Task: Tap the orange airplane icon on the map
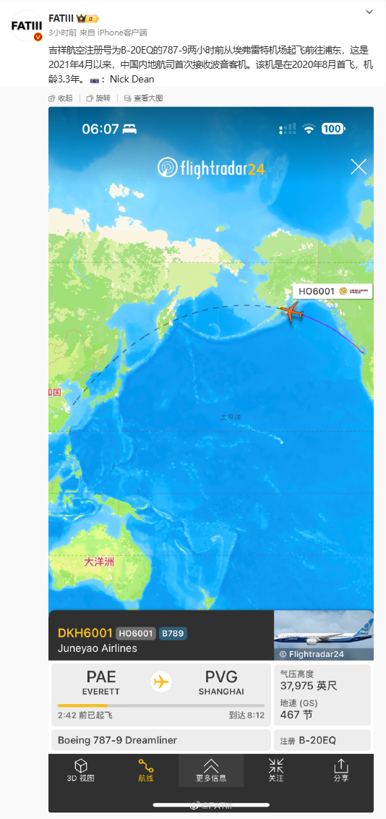[x=291, y=313]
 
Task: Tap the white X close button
[x=359, y=167]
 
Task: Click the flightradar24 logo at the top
[x=211, y=169]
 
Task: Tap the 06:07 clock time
[x=100, y=129]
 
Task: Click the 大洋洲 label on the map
[x=99, y=561]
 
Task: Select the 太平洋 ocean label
[x=231, y=417]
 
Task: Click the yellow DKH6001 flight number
[x=85, y=633]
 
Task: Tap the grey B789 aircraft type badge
[x=173, y=633]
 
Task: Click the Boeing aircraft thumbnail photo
[x=324, y=635]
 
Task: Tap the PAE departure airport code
[x=101, y=677]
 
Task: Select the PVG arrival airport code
[x=221, y=677]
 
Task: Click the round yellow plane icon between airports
[x=161, y=682]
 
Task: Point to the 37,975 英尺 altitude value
[x=309, y=686]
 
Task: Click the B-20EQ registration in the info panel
[x=317, y=740]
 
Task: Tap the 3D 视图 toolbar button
[x=81, y=771]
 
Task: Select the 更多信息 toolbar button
[x=211, y=771]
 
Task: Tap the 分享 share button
[x=341, y=771]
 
